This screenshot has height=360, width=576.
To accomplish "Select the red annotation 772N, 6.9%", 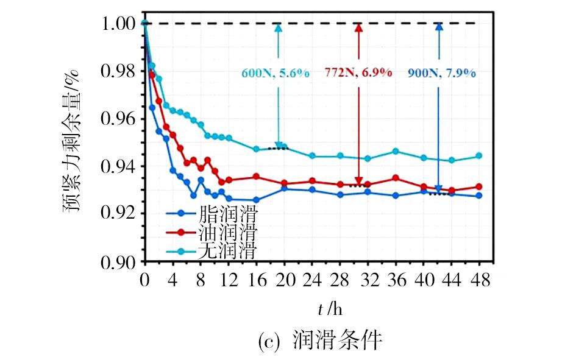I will point(357,73).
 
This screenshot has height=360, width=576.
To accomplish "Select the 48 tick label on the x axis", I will point(478,281).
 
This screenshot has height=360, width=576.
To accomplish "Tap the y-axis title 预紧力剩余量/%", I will point(73,143).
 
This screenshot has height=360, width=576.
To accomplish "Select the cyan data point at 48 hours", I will point(478,156).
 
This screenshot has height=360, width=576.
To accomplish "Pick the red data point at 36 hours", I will point(396,178).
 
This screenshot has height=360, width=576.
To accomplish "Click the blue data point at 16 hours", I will point(256,200).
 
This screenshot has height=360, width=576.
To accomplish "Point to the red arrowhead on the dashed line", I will point(358,28).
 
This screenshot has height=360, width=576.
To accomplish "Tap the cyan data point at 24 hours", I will point(312,156).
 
